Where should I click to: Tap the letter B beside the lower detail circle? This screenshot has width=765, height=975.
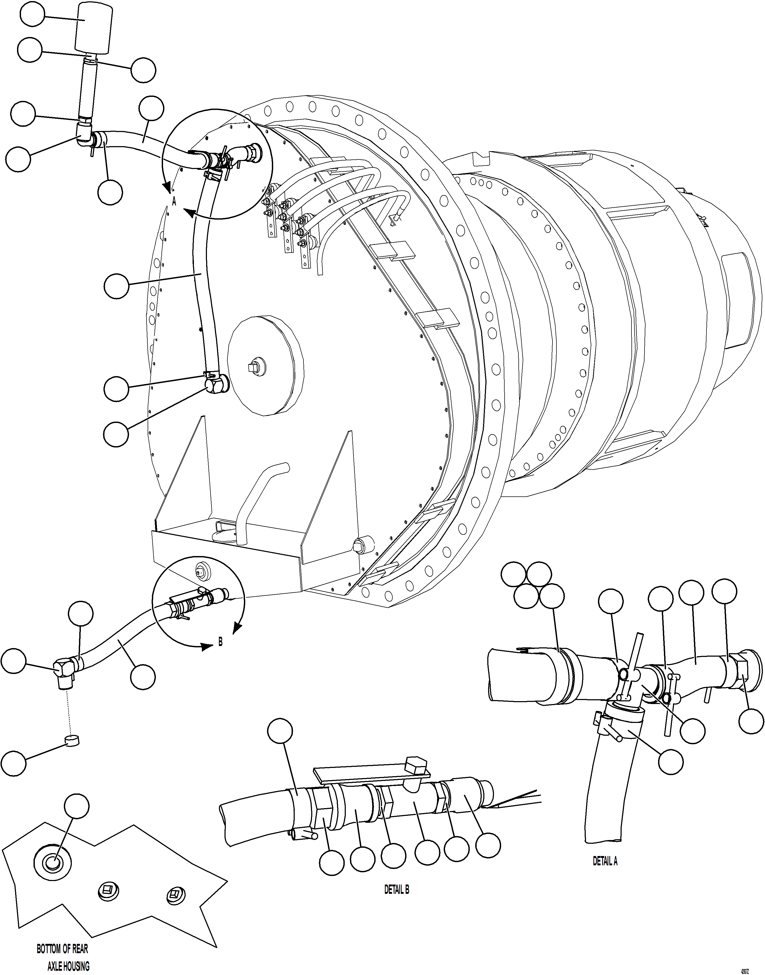point(220,642)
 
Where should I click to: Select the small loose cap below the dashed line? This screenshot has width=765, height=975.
point(72,741)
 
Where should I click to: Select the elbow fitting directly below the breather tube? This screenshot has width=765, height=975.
point(84,134)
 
